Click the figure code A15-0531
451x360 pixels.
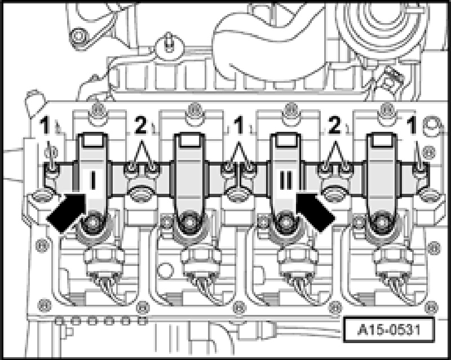[x=388, y=330]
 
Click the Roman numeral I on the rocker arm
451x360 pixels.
[x=92, y=180]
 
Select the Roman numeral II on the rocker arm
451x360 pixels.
[x=285, y=180]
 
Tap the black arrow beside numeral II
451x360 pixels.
[x=316, y=211]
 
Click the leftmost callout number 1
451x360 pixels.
[x=45, y=126]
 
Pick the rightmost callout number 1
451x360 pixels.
[x=412, y=126]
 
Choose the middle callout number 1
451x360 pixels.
[x=238, y=126]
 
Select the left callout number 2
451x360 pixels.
[x=140, y=126]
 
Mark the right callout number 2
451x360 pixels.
[x=334, y=126]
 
